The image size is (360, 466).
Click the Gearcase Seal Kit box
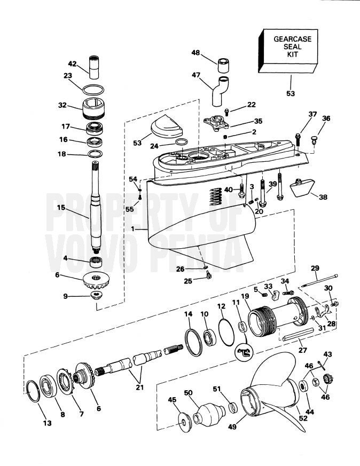pos(288,51)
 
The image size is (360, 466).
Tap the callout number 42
pos(72,64)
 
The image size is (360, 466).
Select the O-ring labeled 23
pos(93,89)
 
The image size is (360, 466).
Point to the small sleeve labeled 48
pos(224,65)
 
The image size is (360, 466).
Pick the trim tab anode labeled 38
pos(302,188)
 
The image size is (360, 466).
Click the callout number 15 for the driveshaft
pos(61,207)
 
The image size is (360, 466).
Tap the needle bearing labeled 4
pos(96,262)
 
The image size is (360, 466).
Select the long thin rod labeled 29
pos(319,281)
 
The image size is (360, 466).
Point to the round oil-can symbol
pos(244,352)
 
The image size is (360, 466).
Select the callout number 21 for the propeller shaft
pos(140,387)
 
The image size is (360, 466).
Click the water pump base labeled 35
pos(216,122)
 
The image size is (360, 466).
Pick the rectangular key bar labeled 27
pos(298,334)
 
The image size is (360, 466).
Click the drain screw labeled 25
pos(208,277)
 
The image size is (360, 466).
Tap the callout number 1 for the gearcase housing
pos(132,229)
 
